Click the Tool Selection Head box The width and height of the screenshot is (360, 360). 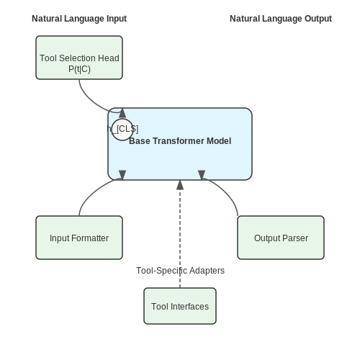(x=79, y=58)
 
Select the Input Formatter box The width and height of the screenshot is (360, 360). (x=79, y=238)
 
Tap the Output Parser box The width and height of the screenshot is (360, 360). (x=281, y=238)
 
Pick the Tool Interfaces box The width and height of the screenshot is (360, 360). (x=180, y=306)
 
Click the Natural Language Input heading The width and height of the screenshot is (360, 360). (x=79, y=19)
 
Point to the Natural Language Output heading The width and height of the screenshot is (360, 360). (x=281, y=19)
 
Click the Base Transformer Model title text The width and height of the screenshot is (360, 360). (x=180, y=141)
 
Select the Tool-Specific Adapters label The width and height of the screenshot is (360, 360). (x=180, y=271)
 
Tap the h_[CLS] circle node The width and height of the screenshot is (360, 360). (x=122, y=130)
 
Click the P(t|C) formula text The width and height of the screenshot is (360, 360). (x=79, y=69)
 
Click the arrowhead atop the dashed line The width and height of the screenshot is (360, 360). (x=180, y=185)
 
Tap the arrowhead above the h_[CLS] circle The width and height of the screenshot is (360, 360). (x=122, y=113)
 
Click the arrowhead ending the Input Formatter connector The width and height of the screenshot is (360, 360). (x=122, y=175)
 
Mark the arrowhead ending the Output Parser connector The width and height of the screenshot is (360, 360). (x=202, y=175)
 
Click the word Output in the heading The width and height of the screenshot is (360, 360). (x=318, y=19)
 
